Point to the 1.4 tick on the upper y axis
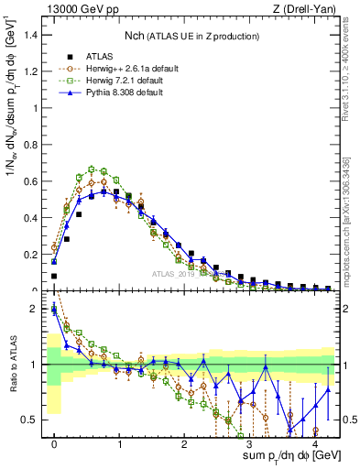pos(30,35)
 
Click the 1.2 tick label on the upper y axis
pos(30,71)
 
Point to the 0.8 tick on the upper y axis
pos(30,145)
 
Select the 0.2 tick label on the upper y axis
pos(30,255)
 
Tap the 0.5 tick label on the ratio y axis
pos(30,420)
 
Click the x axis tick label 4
pos(314,442)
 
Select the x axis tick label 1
pos(119,442)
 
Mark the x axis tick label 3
pos(249,442)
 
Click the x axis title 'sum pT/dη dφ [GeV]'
pos(283,458)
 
